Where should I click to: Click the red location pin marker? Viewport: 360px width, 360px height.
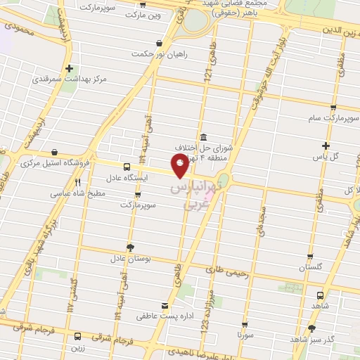point(181,165)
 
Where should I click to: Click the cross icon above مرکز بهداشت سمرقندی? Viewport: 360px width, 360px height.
point(69,69)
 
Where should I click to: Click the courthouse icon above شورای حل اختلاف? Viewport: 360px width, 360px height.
point(203,137)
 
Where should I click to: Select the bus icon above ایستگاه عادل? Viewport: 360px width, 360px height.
point(127,167)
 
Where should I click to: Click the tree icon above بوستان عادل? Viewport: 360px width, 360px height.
point(129,247)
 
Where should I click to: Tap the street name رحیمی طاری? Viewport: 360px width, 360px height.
point(223,269)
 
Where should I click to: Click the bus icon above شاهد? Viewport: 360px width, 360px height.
point(321,295)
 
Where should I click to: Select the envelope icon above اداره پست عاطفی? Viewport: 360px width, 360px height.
point(165,306)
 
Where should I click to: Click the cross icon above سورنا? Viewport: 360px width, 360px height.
point(245,325)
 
